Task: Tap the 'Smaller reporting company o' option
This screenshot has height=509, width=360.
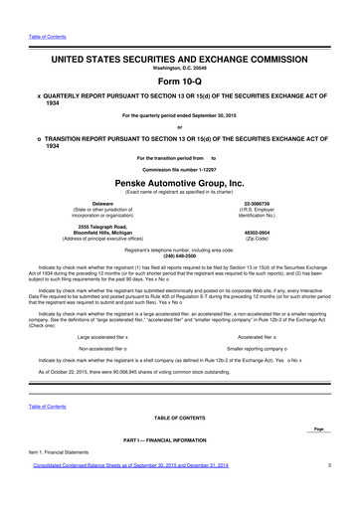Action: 259,351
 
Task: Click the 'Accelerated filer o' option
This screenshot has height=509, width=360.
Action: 259,338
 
